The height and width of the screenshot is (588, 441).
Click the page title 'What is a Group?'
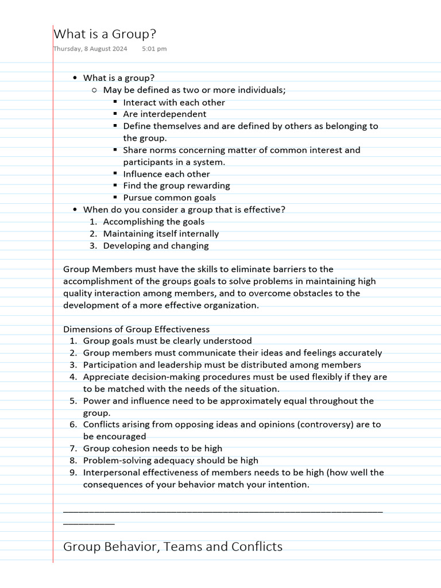(x=105, y=34)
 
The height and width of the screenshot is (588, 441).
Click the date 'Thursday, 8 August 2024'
(x=91, y=49)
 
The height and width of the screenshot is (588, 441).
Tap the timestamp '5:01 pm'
(x=154, y=49)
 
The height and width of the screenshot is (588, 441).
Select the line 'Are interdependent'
(x=164, y=114)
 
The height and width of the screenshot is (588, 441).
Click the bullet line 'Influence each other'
(x=167, y=174)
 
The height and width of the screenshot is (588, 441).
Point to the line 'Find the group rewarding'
(x=176, y=185)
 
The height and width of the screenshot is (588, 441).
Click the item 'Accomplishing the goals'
(x=153, y=222)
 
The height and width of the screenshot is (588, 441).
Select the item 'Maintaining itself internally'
(x=161, y=234)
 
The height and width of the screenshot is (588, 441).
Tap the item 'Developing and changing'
(x=156, y=246)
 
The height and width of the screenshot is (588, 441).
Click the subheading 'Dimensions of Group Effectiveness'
(x=136, y=330)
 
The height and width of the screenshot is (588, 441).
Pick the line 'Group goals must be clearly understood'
(x=167, y=341)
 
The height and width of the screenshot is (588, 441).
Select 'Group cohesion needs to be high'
(x=152, y=448)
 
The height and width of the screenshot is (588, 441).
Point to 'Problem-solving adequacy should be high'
(x=171, y=461)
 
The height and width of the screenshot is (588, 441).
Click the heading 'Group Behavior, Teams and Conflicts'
(x=172, y=547)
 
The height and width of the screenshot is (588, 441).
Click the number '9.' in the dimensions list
(x=73, y=473)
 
